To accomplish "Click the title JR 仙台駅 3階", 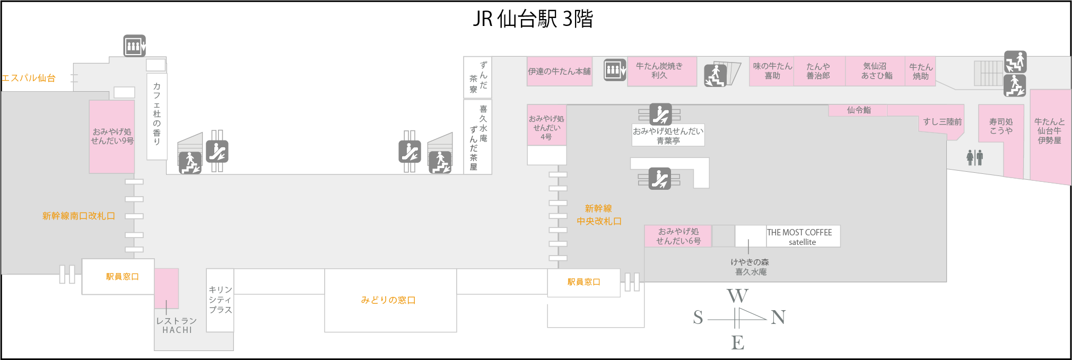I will (533, 19).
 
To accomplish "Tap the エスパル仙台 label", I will (29, 78).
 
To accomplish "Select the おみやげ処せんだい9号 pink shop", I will (112, 136).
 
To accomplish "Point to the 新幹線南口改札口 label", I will (79, 216).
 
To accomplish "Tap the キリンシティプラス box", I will (220, 300).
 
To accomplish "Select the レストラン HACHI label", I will (177, 325).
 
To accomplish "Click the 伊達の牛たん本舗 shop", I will (559, 71).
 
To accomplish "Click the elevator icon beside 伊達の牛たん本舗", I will (614, 69).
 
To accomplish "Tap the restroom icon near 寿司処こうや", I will (974, 157).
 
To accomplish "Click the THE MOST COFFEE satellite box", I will (803, 236).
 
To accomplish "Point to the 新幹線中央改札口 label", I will (599, 215).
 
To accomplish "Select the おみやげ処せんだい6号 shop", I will (678, 236).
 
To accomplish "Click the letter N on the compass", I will (778, 317).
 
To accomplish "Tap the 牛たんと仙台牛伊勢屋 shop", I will (1050, 131).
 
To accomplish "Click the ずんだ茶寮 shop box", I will (477, 77).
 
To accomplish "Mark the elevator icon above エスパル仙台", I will (134, 46).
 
